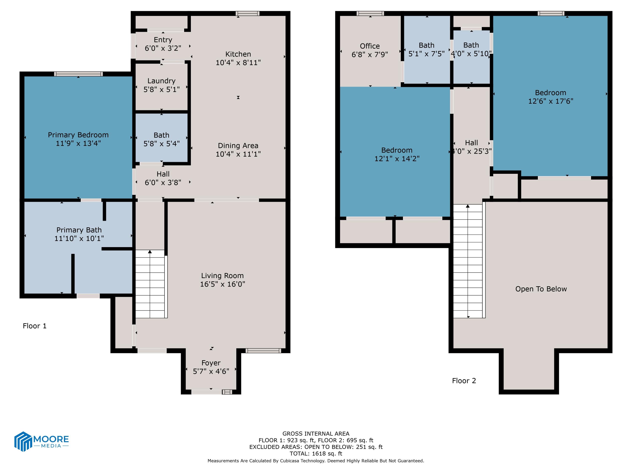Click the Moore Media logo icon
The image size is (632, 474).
click(x=23, y=441)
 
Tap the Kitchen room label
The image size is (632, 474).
click(x=238, y=54)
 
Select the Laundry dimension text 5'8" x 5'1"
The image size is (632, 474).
click(x=161, y=90)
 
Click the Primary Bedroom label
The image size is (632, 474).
click(x=78, y=135)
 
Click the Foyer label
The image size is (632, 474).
click(x=211, y=363)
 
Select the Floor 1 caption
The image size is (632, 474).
click(x=35, y=326)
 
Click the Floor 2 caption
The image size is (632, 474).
click(x=464, y=381)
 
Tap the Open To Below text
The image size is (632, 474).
click(x=541, y=289)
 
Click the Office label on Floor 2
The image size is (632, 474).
click(x=370, y=46)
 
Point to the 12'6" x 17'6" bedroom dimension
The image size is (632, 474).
click(x=550, y=101)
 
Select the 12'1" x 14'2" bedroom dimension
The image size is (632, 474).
click(x=397, y=159)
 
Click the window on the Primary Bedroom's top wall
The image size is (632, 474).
click(x=78, y=74)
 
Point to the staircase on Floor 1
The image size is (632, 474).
click(x=150, y=284)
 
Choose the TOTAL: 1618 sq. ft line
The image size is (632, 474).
click(x=316, y=453)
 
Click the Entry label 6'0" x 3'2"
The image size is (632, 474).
click(x=163, y=40)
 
